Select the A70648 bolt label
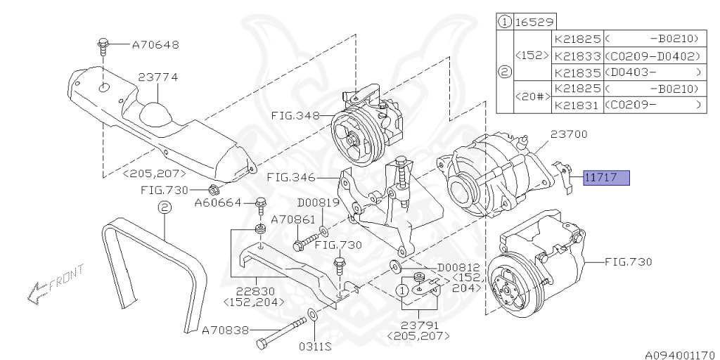(155, 44)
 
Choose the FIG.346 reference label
(290, 178)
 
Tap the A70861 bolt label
(294, 219)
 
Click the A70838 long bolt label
(226, 329)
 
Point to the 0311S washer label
(315, 346)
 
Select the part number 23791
(420, 325)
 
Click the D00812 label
(460, 267)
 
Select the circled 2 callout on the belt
(163, 207)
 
